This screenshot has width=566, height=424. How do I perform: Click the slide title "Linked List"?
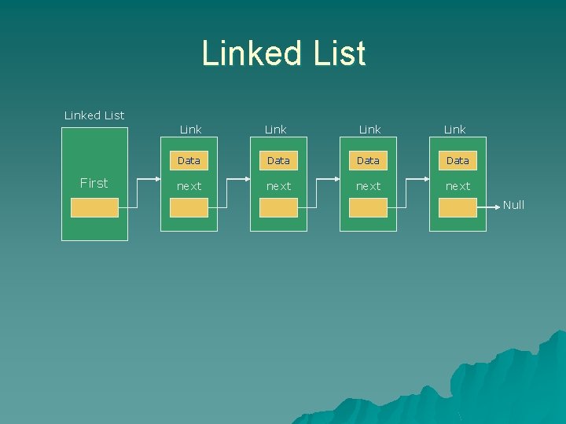[x=284, y=53]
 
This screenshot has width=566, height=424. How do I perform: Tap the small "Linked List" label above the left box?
[x=94, y=115]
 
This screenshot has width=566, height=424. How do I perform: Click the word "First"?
[x=94, y=183]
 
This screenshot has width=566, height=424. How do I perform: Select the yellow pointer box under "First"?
[x=94, y=207]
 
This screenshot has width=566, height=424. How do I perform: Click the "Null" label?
[x=513, y=205]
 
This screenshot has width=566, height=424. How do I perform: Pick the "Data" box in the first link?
[x=189, y=160]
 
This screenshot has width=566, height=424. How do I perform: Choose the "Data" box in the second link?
[x=278, y=160]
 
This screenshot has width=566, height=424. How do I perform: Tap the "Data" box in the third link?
[x=368, y=160]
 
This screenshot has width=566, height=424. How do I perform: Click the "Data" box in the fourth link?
[x=458, y=160]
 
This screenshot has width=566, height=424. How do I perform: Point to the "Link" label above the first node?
[x=190, y=129]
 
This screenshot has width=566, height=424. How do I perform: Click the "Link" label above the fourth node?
[x=454, y=129]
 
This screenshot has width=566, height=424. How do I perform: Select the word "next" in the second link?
[x=278, y=186]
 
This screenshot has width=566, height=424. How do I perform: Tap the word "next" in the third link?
[x=368, y=186]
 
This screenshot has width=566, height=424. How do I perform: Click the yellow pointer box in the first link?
[x=189, y=207]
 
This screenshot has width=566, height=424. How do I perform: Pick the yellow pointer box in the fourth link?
[x=458, y=207]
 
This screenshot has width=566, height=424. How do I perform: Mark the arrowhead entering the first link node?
[x=156, y=179]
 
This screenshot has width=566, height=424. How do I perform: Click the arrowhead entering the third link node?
[x=336, y=179]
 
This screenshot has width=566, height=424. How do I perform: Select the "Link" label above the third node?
[x=369, y=129]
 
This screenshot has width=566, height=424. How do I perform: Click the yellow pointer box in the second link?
[x=278, y=207]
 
